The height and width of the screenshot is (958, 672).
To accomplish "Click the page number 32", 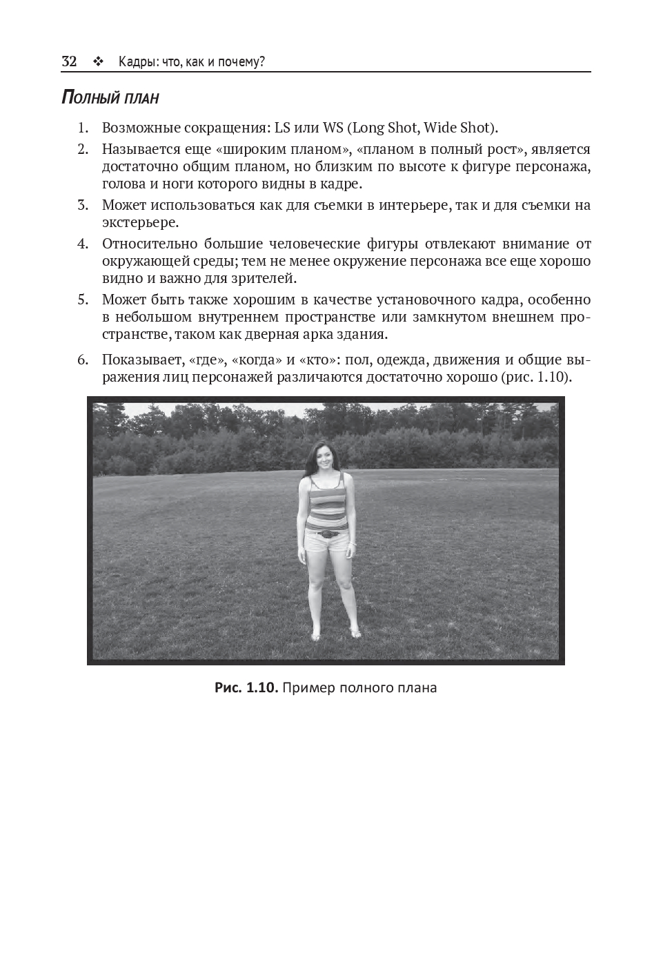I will click(69, 61).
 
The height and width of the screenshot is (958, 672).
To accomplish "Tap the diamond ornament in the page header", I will click(97, 62).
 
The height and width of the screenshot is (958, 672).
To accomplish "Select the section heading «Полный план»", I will click(110, 97).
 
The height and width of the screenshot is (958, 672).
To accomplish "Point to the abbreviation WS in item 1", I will click(333, 128).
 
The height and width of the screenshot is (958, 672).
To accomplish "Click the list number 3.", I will click(83, 205).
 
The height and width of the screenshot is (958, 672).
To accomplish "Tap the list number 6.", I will click(83, 360).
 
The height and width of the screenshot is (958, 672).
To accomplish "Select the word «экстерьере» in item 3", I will click(139, 222).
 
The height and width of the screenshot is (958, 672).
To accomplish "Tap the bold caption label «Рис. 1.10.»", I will click(246, 687).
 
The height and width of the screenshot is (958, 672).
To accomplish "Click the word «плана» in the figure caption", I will click(417, 687).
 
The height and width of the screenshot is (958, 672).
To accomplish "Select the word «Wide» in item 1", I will click(439, 128).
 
